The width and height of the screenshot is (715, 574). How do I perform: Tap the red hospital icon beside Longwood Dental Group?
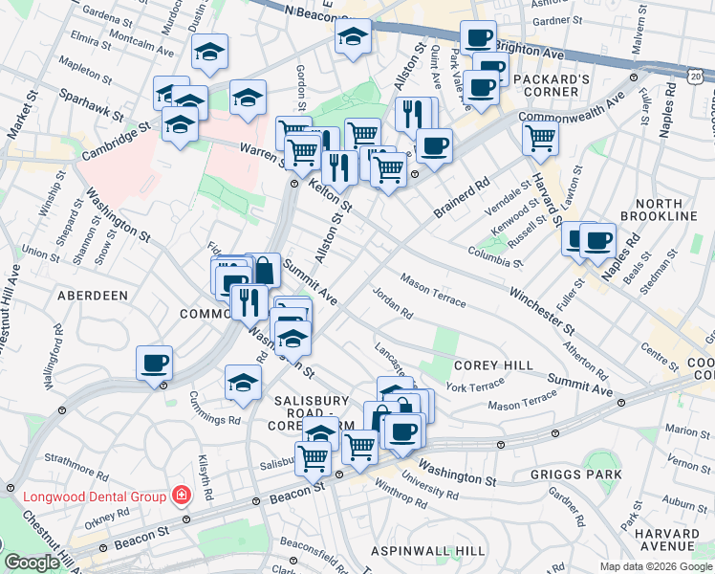coord(180,496)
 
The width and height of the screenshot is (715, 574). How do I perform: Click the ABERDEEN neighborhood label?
coord(93,297)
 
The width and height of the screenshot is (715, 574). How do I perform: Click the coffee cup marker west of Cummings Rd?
coord(154,364)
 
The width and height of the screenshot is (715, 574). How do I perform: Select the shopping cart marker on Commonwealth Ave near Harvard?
coord(540,139)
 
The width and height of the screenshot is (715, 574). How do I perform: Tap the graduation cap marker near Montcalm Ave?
coord(208,53)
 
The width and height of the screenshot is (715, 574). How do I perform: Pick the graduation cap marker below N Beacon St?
coord(352,38)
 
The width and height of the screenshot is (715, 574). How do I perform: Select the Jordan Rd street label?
coord(392,303)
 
